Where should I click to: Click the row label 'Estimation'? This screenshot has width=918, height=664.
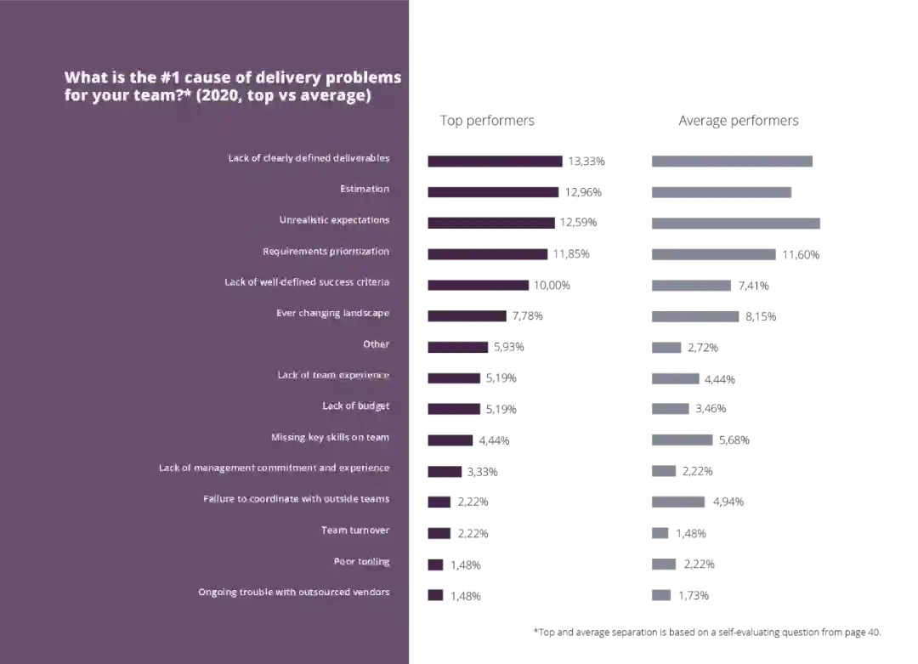[365, 189]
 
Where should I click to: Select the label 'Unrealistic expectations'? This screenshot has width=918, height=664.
[334, 220]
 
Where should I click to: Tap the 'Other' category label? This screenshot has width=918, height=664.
[376, 344]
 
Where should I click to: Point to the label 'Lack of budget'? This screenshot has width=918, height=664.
[355, 406]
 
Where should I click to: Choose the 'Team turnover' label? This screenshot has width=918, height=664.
[354, 531]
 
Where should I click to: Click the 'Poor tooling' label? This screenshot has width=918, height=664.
[361, 562]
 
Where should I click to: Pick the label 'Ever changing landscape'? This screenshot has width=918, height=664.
[332, 314]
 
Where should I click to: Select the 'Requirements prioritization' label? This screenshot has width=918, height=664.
[326, 252]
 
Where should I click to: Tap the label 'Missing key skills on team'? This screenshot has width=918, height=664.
[330, 437]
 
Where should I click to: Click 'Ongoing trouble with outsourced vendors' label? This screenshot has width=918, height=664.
[293, 593]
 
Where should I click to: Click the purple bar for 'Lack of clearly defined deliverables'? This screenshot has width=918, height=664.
[493, 160]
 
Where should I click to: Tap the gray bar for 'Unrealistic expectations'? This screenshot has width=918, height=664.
[734, 221]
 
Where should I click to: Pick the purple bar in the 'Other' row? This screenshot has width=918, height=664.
[456, 346]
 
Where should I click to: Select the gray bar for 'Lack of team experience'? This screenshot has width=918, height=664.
[672, 377]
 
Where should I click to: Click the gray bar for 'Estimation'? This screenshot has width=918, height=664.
[720, 193]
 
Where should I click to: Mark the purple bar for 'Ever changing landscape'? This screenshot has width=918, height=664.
[464, 315]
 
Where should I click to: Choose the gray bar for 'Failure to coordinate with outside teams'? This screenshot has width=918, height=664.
[676, 500]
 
